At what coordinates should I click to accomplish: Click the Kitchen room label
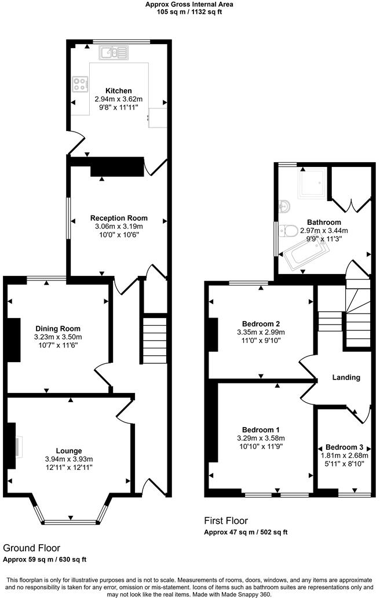click(x=118, y=91)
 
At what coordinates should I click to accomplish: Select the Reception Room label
click(x=116, y=218)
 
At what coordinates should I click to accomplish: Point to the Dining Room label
click(x=58, y=329)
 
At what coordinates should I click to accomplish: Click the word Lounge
click(x=69, y=451)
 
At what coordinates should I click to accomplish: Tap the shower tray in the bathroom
click(x=312, y=183)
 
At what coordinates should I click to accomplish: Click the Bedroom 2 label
click(x=261, y=323)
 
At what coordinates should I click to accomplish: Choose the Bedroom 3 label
click(x=344, y=447)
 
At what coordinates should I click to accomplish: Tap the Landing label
click(x=346, y=377)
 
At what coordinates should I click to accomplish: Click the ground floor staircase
click(x=154, y=338)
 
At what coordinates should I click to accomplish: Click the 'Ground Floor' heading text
click(x=31, y=548)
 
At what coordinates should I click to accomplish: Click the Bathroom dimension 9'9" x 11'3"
click(x=324, y=237)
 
